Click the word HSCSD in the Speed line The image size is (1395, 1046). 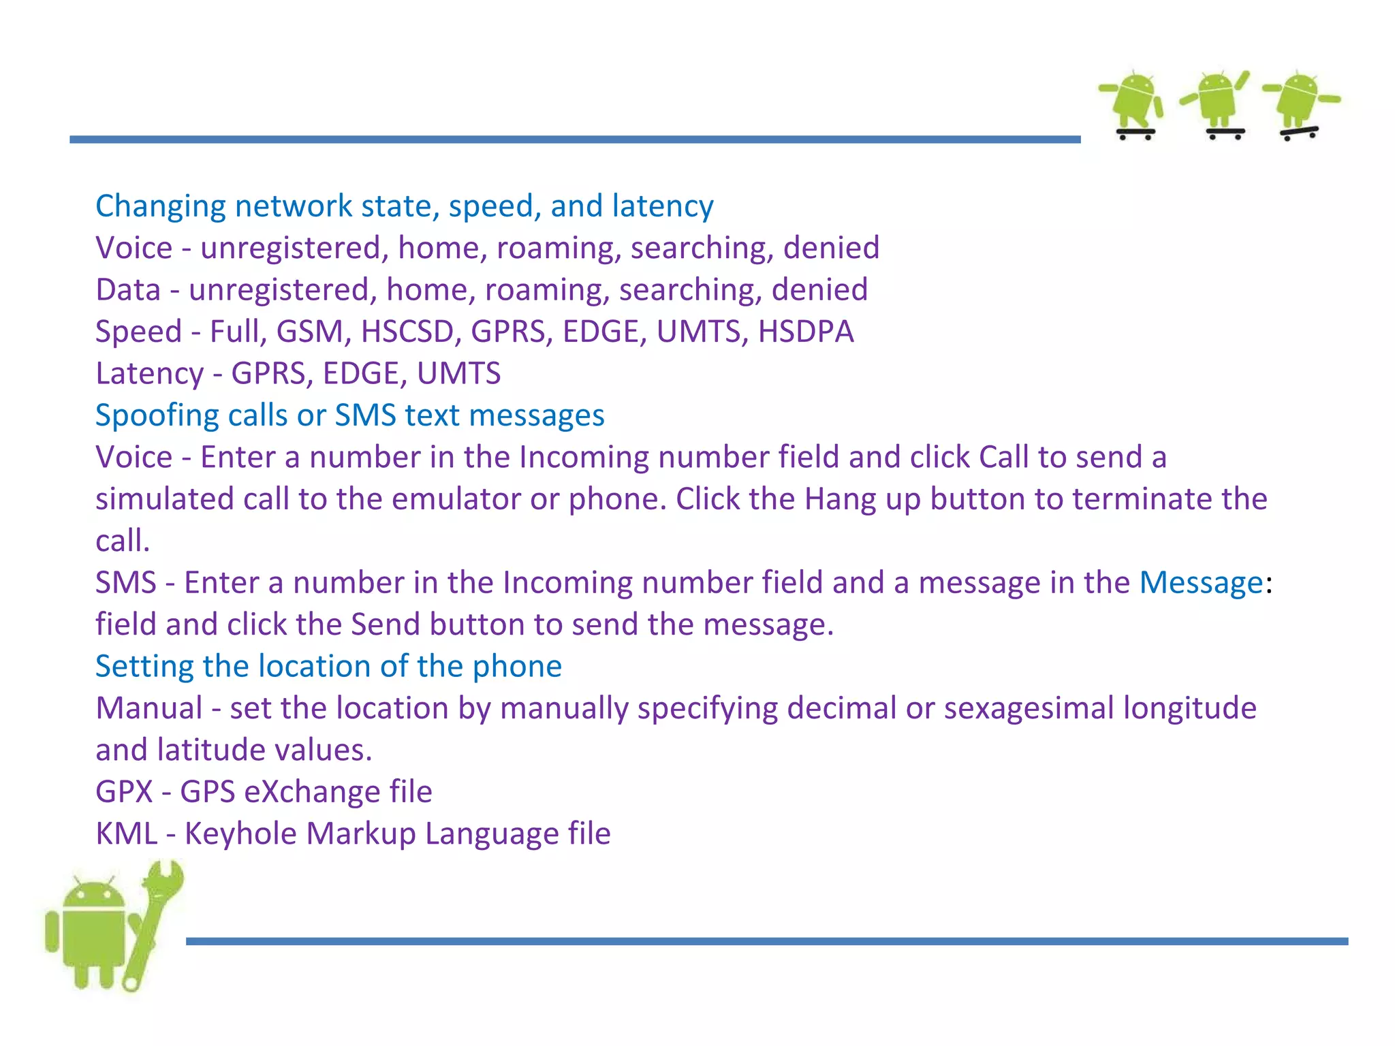click(x=407, y=332)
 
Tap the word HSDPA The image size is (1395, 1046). click(x=806, y=332)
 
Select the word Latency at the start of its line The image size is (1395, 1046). click(x=149, y=373)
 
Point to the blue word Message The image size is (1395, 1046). click(x=1202, y=583)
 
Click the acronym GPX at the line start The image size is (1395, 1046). click(x=125, y=792)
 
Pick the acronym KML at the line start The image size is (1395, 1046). click(x=127, y=834)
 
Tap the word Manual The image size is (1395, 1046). click(x=149, y=708)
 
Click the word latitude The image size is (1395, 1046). click(x=211, y=750)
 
